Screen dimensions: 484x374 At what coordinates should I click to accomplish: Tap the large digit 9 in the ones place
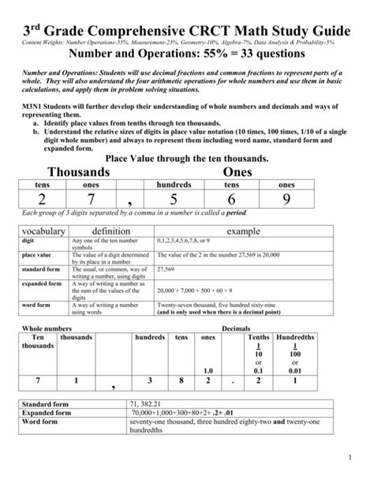286,200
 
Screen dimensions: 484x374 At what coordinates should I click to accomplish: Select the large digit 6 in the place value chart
232,200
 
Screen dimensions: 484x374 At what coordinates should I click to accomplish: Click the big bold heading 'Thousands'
79,171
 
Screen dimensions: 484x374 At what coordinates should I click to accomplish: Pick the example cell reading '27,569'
166,268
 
